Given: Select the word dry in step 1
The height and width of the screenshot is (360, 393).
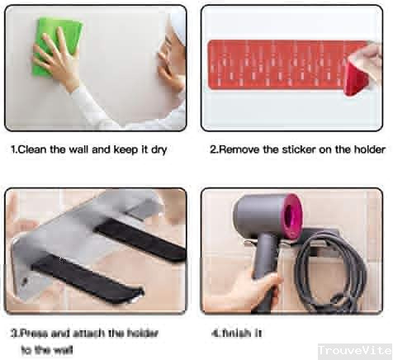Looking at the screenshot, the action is (159, 150).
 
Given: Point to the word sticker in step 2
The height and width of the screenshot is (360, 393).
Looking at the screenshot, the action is (299, 149).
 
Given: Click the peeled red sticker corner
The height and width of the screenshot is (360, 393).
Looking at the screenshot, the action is (357, 78).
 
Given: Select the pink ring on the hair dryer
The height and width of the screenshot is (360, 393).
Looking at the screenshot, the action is (291, 213).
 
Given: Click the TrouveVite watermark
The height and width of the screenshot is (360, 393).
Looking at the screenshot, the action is (355, 350).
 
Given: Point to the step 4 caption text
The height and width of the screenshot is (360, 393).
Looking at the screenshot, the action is (236, 333).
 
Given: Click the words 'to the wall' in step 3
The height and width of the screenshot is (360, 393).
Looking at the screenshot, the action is (47, 350).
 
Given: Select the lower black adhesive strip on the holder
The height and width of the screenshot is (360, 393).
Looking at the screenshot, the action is (88, 279).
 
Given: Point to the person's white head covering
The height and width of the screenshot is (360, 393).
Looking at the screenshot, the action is (179, 23).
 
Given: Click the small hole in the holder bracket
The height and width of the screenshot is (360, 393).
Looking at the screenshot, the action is (25, 282).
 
